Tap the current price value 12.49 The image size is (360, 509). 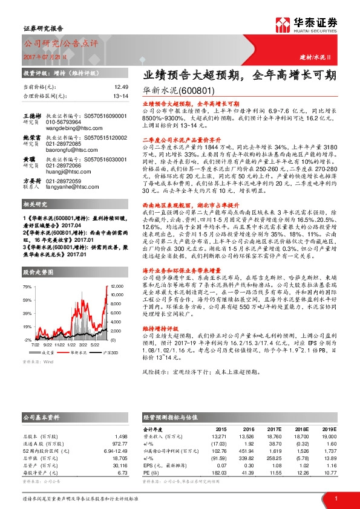[x=121, y=87]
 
